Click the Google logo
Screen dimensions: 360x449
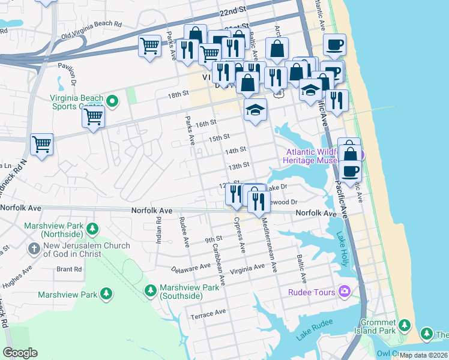click(x=20, y=353)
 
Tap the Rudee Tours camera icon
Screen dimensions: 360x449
click(x=344, y=292)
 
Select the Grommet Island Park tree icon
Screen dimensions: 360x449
click(x=405, y=325)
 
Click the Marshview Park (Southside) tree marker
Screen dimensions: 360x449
click(x=150, y=291)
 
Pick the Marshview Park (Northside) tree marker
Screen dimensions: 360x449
click(x=92, y=228)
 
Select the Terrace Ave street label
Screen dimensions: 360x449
click(x=208, y=313)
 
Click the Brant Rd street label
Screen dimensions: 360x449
click(x=69, y=269)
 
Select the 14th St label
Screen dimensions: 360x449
click(x=236, y=150)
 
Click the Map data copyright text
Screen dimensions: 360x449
click(x=423, y=355)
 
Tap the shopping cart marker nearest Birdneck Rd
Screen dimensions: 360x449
click(x=42, y=145)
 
